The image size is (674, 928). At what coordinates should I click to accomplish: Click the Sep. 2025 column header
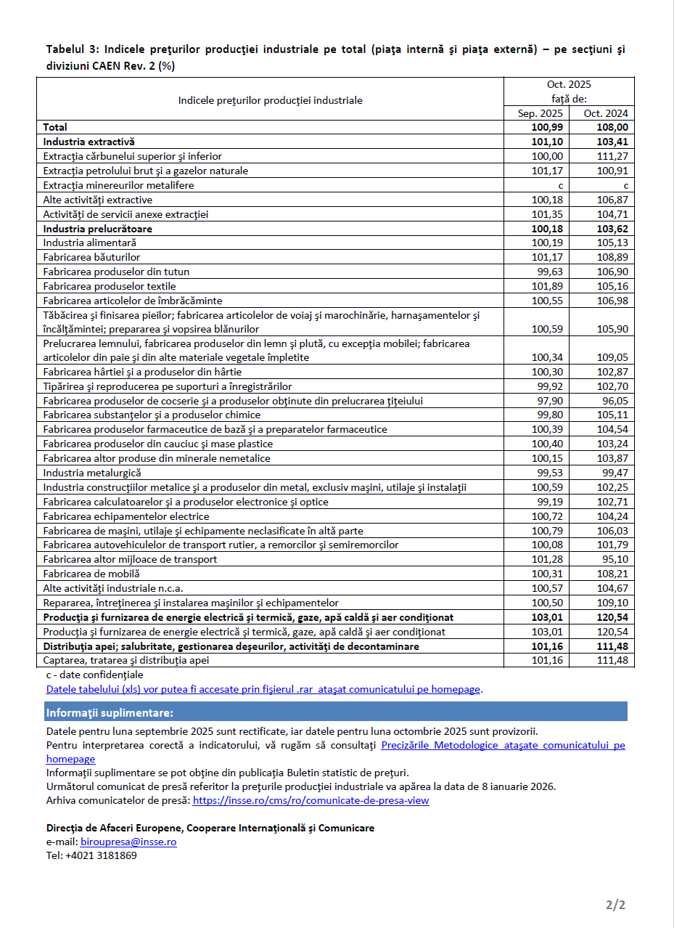coord(540,113)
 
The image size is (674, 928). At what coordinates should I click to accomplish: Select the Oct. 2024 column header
coord(605,113)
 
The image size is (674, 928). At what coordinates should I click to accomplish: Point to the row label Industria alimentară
coord(89,243)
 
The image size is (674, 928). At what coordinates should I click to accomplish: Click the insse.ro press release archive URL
coord(311,800)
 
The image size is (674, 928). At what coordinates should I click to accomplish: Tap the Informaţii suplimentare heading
coord(110,712)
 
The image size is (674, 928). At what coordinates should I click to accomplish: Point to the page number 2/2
coord(615,905)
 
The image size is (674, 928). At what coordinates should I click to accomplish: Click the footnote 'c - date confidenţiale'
coord(94,675)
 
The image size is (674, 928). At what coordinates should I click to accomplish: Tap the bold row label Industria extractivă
coord(89,142)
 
